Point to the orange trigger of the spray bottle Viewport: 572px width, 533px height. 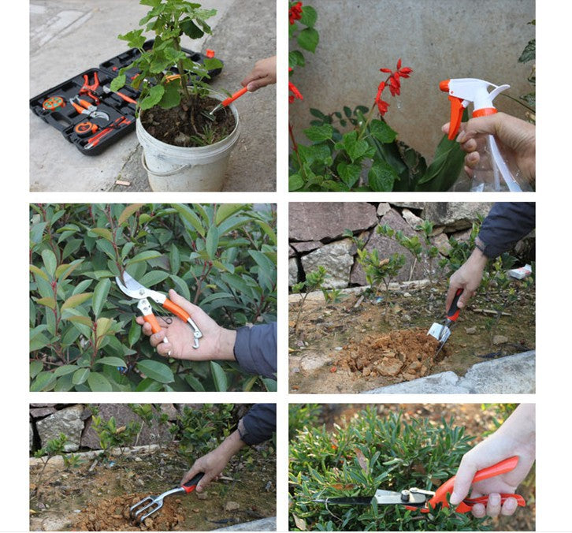point(455,116)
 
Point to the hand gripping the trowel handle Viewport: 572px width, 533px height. point(466,280)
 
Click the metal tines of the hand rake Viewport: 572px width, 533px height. point(146,507)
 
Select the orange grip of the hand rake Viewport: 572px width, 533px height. point(191,483)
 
